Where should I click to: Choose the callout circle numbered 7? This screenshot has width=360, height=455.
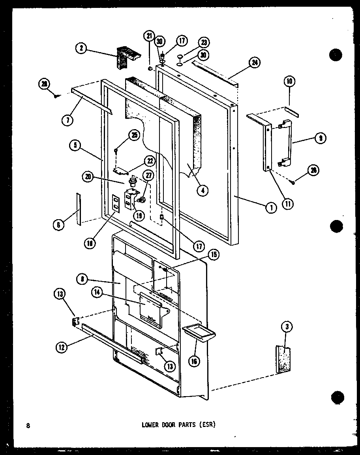67,120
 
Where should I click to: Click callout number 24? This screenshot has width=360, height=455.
255,63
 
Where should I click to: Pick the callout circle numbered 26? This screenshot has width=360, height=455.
313,171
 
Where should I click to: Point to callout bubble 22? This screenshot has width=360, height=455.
150,161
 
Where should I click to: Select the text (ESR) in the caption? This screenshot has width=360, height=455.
208,425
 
